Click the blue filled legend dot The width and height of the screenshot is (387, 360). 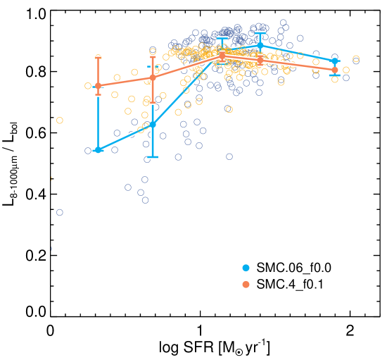(246, 268)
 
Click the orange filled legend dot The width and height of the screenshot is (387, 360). (246, 285)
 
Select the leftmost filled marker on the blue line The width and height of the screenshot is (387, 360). (99, 150)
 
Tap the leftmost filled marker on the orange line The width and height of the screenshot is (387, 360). (99, 85)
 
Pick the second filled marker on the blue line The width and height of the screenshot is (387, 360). (153, 124)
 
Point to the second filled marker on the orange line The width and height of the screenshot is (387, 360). (153, 77)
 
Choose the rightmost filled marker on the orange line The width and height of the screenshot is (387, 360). (335, 70)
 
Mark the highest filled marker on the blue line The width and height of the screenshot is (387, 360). (260, 45)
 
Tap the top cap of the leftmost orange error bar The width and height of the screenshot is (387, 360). (99, 56)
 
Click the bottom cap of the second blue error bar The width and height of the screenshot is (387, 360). (153, 158)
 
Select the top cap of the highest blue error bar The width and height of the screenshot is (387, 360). (260, 32)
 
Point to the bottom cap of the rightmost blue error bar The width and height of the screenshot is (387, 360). (335, 75)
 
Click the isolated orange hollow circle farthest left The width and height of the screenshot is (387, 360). (60, 120)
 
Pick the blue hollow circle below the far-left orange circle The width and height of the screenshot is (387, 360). (60, 212)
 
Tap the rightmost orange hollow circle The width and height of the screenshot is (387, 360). (356, 58)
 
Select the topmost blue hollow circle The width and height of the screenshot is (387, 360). (284, 23)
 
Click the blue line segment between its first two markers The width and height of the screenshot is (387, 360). (125, 137)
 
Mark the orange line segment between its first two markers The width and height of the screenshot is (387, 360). (125, 81)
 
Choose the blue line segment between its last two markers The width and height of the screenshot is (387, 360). (298, 54)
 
